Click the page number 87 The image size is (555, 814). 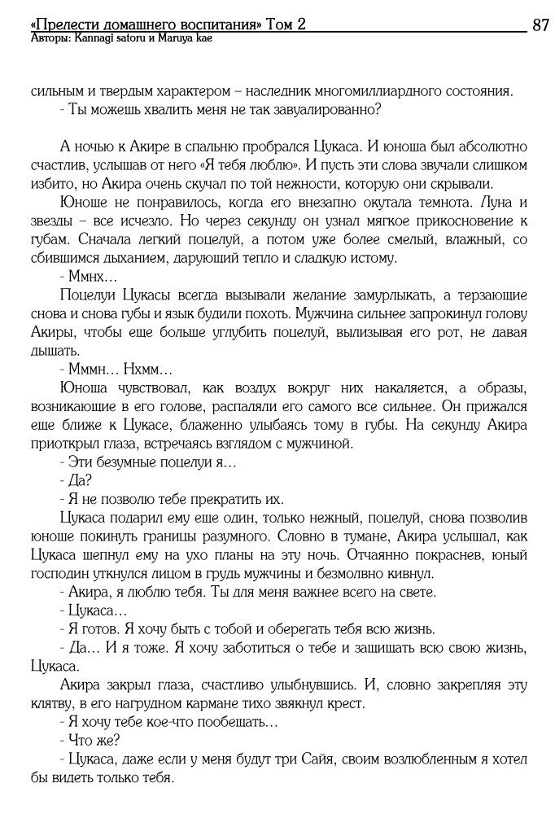pos(540,25)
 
